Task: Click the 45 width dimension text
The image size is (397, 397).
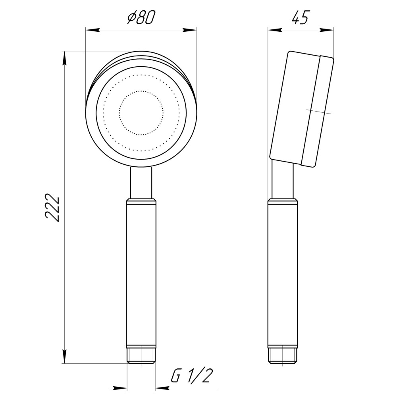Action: click(300, 18)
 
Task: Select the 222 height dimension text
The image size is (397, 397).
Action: click(52, 208)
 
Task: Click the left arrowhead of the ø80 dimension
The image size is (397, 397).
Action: click(92, 29)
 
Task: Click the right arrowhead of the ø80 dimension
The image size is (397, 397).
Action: click(191, 29)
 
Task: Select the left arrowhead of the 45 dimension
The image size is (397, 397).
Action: click(274, 29)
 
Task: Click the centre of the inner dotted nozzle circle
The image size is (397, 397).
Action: click(141, 113)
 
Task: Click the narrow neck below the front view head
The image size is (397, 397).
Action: click(141, 183)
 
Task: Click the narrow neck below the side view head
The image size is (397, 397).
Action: click(283, 181)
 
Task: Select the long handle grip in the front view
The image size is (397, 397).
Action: click(141, 274)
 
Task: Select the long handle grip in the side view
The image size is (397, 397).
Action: click(283, 274)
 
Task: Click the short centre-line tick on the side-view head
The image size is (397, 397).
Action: click(319, 112)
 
